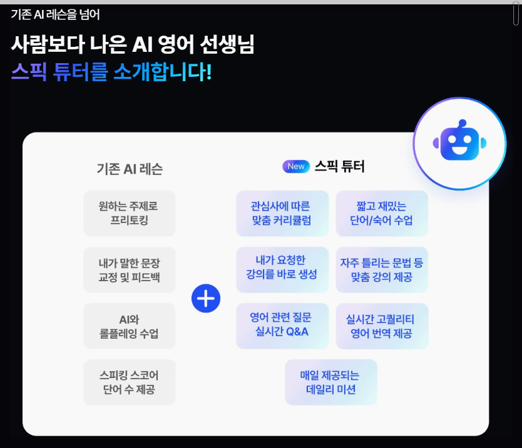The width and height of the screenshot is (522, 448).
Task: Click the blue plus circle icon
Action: point(206,299)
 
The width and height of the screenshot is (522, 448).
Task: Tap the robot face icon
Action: point(459,144)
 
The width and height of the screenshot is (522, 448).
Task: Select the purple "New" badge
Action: point(296,166)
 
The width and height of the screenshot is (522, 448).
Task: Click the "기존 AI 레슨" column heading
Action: point(130,169)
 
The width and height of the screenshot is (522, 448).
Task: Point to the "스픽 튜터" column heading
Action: point(339,167)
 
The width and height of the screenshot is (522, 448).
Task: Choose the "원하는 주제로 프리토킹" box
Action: point(130,213)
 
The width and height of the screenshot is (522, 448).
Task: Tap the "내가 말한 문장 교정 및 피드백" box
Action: point(130,269)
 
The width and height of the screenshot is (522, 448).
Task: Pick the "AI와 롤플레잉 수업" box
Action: point(130,326)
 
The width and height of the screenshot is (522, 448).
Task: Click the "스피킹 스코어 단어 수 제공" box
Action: point(130,382)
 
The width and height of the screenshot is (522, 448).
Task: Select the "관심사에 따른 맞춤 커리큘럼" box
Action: point(282,213)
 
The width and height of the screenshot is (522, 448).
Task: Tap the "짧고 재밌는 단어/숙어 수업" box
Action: point(382,213)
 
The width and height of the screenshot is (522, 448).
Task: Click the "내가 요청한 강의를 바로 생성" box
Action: point(282,269)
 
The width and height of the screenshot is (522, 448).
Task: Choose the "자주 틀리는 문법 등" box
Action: point(382,269)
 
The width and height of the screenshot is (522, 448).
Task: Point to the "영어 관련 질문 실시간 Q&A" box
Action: point(282,326)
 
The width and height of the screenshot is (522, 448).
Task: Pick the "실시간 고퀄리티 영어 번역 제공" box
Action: point(382,326)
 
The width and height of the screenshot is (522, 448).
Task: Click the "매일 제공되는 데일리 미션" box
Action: point(331,382)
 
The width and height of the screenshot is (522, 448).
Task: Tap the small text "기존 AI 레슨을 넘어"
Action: point(55,14)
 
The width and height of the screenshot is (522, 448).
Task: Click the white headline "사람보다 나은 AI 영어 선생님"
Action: point(133,45)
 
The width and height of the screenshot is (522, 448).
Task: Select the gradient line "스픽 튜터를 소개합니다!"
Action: point(111,72)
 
